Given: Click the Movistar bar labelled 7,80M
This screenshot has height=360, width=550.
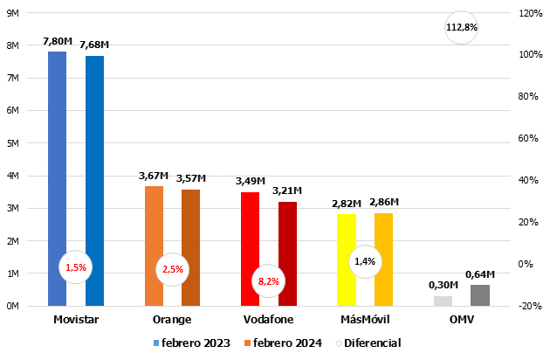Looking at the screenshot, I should [x=57, y=157].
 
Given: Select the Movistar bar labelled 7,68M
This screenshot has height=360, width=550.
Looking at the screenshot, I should [x=94, y=157].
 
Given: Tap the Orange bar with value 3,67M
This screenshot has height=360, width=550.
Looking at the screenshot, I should [x=154, y=227].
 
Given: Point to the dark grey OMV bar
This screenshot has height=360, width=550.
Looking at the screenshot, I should [x=480, y=295].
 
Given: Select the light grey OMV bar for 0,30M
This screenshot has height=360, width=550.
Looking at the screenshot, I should [x=443, y=301].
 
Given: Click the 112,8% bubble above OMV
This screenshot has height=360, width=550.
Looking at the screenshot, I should [x=462, y=27].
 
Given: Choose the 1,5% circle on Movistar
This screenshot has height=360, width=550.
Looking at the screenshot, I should [x=76, y=267].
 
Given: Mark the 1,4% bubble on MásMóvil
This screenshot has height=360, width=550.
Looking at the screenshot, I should [x=365, y=260].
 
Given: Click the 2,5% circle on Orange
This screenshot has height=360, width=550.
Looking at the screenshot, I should [x=172, y=269].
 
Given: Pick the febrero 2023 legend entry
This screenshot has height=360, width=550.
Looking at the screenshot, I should [x=192, y=343].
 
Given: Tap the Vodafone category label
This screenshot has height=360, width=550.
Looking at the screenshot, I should [x=269, y=319].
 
